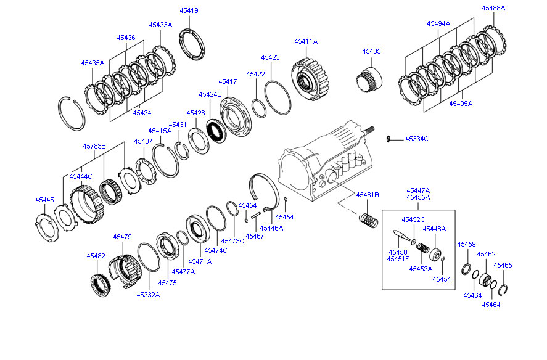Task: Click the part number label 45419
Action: coord(189,10)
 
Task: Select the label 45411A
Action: coord(306,41)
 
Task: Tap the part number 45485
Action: coord(371,51)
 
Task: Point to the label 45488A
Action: coord(493,8)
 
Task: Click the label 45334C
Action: coord(416,139)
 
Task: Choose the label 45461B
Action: coord(367,195)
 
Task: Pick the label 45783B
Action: coord(95,146)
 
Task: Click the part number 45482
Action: coord(96,255)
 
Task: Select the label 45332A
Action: coord(148,295)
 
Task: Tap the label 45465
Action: coord(503,265)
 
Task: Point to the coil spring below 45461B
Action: coord(368,219)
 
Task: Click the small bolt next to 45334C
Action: coord(390,139)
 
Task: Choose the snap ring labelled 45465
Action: coord(504,289)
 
